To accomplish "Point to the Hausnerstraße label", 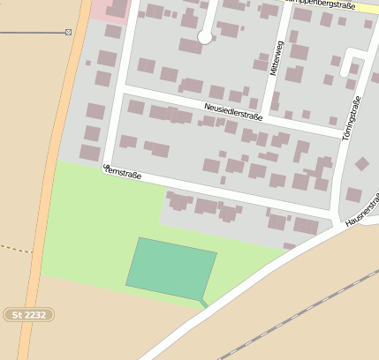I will pyautogui.click(x=362, y=213).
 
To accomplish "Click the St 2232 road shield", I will pyautogui.click(x=29, y=314).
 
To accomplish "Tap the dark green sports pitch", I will pyautogui.click(x=171, y=266).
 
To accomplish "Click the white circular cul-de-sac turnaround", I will pyautogui.click(x=205, y=37).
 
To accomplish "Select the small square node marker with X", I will pyautogui.click(x=68, y=33).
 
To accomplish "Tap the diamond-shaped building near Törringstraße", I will pyautogui.click(x=362, y=164).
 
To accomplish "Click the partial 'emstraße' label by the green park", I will pyautogui.click(x=124, y=172).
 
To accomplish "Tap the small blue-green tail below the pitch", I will pyautogui.click(x=203, y=303).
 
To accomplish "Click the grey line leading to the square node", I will pyautogui.click(x=31, y=33).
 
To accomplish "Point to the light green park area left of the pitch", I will pyautogui.click(x=84, y=238).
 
